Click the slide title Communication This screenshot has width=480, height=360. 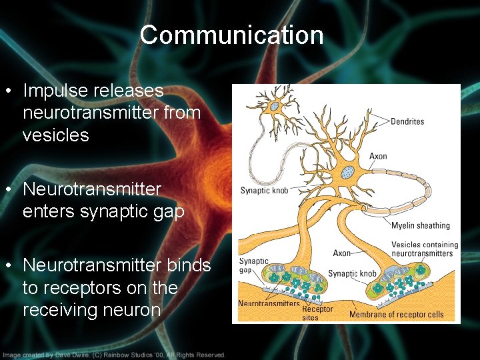tap(231, 35)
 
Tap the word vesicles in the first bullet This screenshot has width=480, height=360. tap(56, 135)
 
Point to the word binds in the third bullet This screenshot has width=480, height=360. tap(188, 265)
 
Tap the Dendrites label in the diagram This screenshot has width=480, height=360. tap(407, 122)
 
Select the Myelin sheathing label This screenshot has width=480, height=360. tap(420, 225)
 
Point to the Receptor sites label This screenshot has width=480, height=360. tap(317, 313)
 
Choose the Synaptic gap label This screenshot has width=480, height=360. tap(253, 266)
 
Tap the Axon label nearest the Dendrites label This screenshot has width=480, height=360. tap(378, 157)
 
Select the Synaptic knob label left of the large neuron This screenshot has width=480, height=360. tap(264, 191)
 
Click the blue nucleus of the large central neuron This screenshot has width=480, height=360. tap(347, 172)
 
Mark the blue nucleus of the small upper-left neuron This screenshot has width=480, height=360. tap(274, 106)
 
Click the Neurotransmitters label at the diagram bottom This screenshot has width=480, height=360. tap(269, 303)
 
